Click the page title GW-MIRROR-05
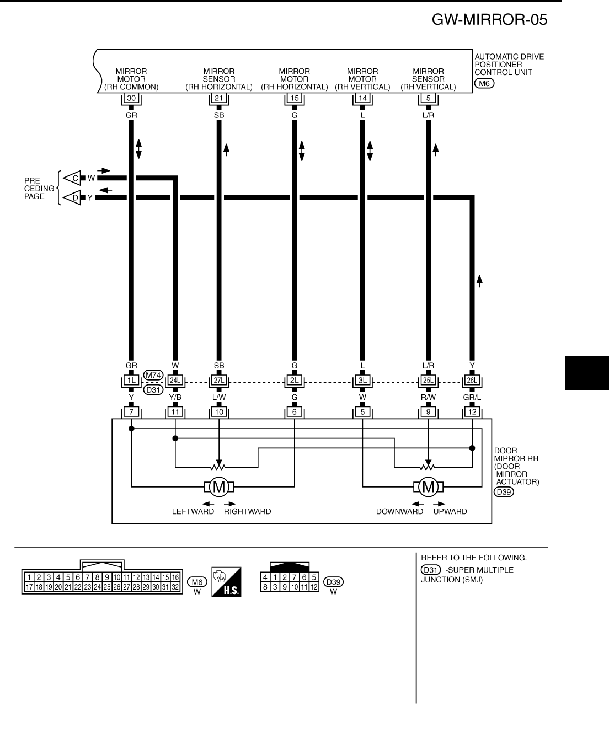[x=490, y=20]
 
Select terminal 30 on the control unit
[x=131, y=99]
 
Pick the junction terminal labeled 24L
[x=175, y=381]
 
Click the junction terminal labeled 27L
[x=219, y=381]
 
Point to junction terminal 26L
[x=472, y=381]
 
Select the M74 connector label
[x=153, y=376]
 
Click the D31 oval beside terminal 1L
[x=153, y=390]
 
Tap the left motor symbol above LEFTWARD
[x=219, y=486]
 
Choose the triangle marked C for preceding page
[x=72, y=178]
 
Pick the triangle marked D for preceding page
[x=72, y=197]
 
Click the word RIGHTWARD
[x=247, y=512]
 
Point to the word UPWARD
[x=450, y=512]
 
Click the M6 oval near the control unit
[x=484, y=83]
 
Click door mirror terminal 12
[x=472, y=411]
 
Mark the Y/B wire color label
[x=175, y=397]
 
